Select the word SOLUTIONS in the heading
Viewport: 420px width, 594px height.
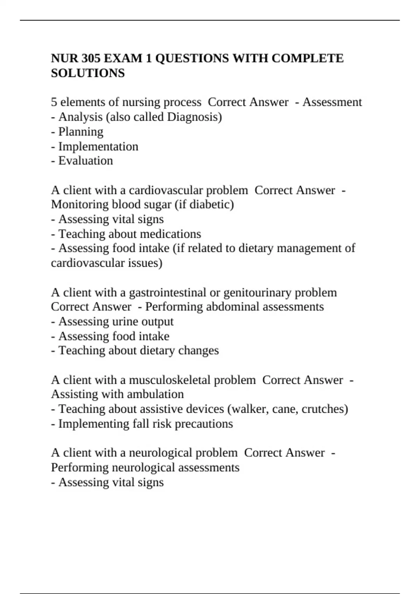click(x=88, y=73)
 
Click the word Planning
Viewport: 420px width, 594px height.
click(x=81, y=131)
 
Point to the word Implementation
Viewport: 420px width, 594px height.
click(x=98, y=146)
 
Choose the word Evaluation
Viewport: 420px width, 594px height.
click(x=86, y=161)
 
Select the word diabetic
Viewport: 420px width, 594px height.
click(x=210, y=204)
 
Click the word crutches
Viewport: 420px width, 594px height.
click(x=323, y=409)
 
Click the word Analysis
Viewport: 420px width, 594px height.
click(x=80, y=117)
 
